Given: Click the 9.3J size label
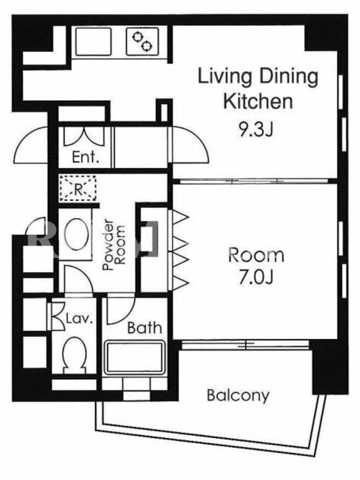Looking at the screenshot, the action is pos(256,130).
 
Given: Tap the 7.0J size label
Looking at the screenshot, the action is pos(256,277).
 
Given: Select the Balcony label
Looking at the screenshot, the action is pos(238,395).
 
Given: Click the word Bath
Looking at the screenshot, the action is pos(145,328).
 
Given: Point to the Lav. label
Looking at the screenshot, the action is pos(80,319).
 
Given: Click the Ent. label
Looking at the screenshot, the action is pos(86,157).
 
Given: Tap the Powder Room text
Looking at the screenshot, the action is pos(114,244).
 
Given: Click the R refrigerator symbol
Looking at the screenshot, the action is pos(78,188).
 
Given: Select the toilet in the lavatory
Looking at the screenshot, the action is pos(74,355).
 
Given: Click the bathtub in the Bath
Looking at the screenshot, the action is pos(134,358).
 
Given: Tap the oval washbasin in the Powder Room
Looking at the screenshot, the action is pos(77,235).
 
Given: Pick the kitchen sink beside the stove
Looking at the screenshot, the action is pos(94,41).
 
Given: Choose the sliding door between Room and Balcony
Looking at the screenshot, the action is pos(245,345).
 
